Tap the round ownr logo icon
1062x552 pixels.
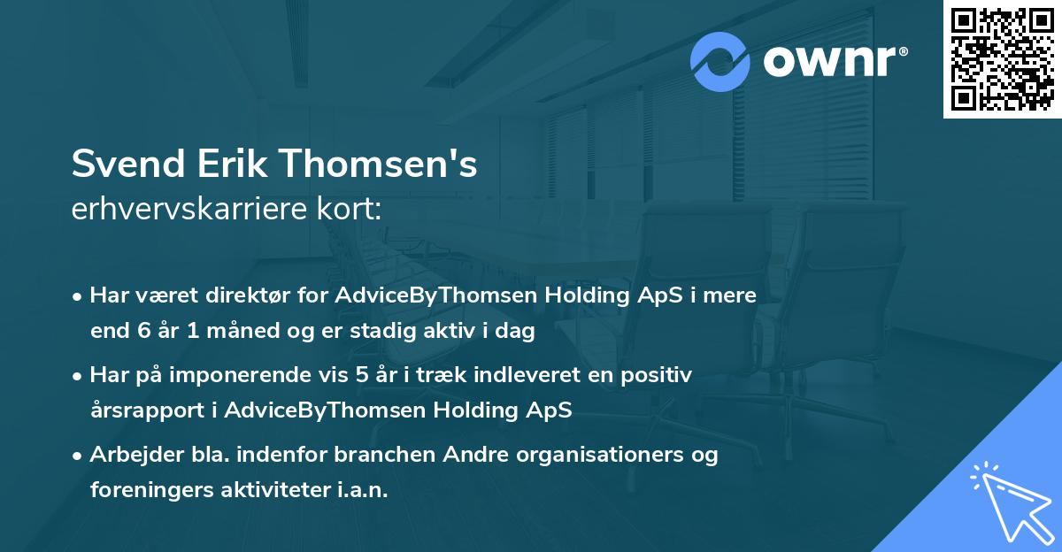tap(720, 62)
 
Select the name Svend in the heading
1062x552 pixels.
tap(126, 164)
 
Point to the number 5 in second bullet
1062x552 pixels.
tap(361, 375)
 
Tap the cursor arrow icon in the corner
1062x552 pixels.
tap(1009, 499)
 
